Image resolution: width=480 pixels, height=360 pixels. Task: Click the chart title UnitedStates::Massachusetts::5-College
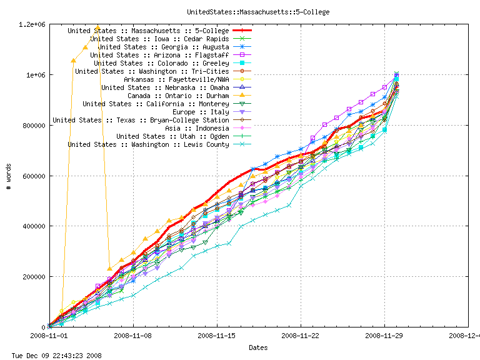point(258,12)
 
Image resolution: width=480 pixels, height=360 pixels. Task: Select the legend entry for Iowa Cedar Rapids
point(159,39)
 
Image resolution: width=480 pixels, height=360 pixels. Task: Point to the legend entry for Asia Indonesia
point(194,128)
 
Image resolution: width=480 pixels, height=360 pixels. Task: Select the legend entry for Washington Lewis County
point(148,144)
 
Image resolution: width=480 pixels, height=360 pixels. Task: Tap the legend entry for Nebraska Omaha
point(166,87)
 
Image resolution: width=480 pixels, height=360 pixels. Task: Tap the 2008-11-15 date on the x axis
point(216,336)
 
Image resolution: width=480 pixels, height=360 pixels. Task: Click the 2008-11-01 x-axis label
point(49,336)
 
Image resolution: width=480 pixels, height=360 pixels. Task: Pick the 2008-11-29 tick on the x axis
point(384,336)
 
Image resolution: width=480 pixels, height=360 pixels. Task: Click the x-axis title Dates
point(258,347)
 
